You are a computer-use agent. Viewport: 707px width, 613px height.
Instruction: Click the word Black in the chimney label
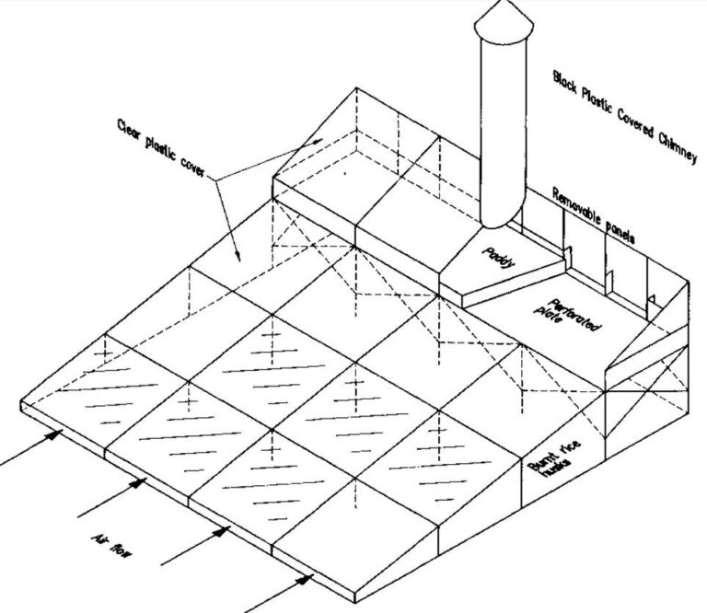tap(564, 80)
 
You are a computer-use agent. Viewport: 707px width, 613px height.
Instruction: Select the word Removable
tap(575, 204)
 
